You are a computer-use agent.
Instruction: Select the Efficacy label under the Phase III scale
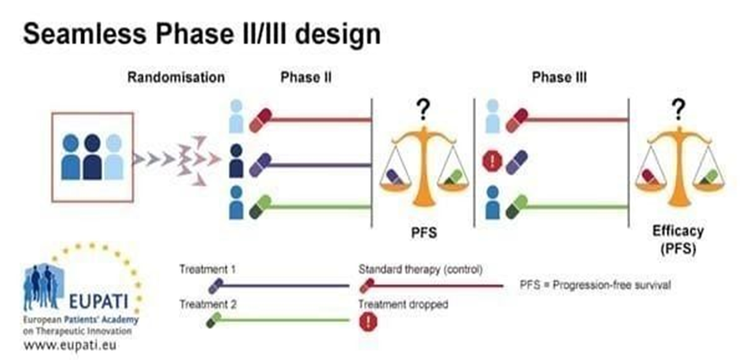(x=678, y=230)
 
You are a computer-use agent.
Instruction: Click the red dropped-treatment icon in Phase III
(x=490, y=161)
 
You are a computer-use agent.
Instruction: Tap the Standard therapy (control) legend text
(x=420, y=269)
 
